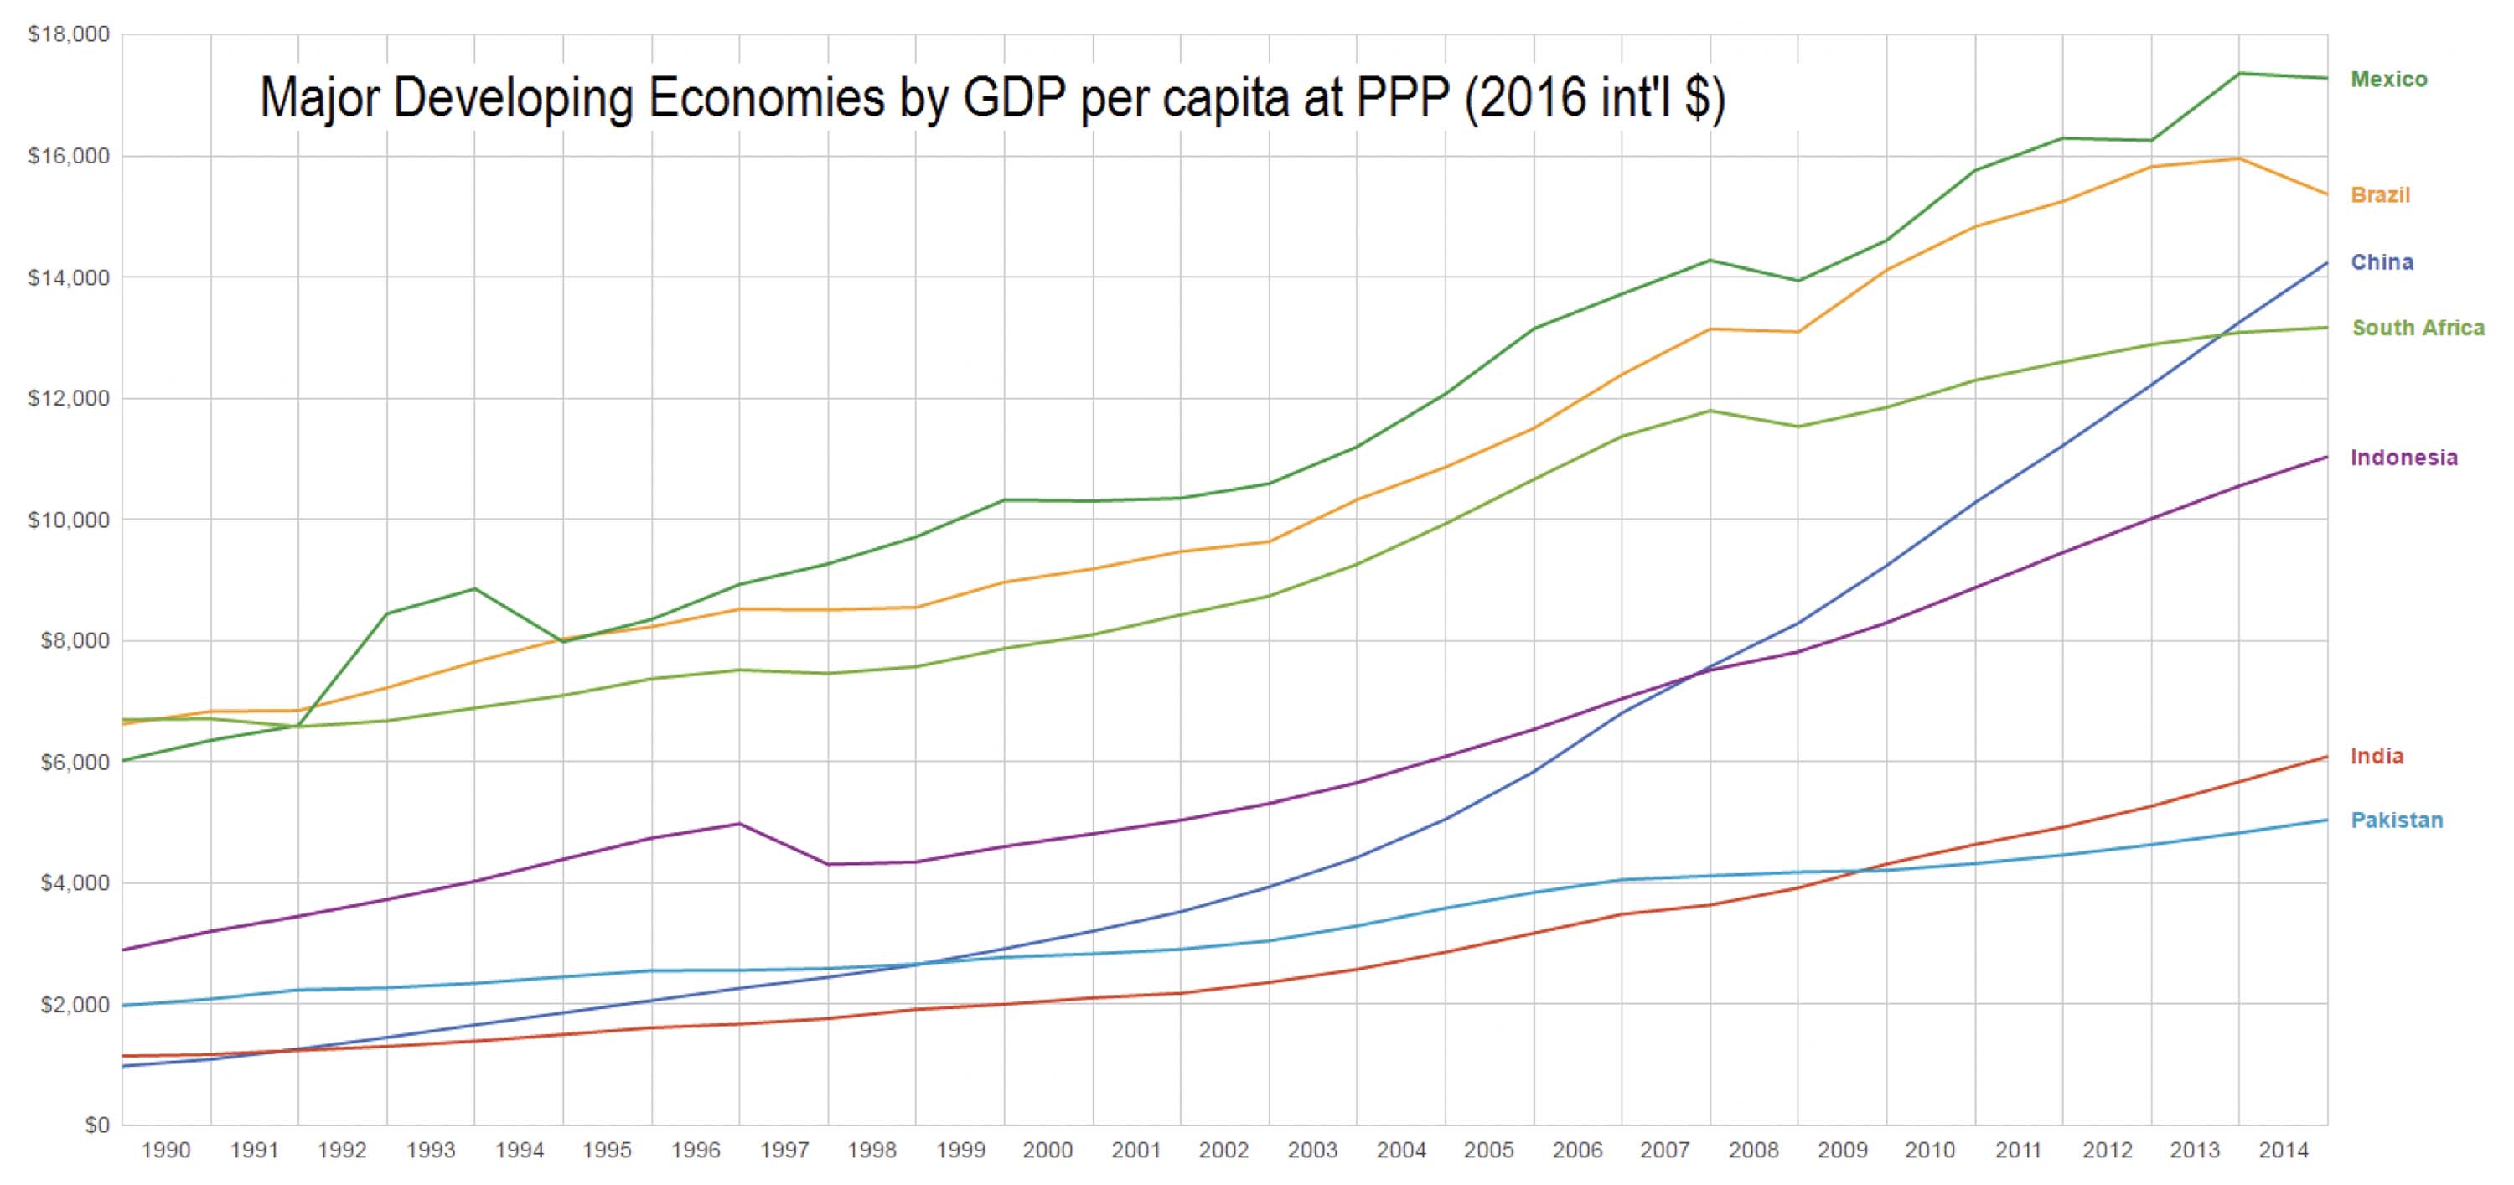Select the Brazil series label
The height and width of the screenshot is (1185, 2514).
coord(2380,195)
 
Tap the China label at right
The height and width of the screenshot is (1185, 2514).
coord(2382,262)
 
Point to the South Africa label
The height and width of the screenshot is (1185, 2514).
coord(2418,328)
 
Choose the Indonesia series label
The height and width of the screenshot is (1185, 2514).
coord(2403,458)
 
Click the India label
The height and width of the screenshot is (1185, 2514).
coord(2377,757)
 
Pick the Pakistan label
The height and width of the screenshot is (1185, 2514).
coord(2397,821)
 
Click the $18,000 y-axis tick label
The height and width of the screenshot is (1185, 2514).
coord(69,35)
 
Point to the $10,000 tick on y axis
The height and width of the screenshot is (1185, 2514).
coord(69,520)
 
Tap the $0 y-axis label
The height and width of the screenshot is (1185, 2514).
coord(96,1125)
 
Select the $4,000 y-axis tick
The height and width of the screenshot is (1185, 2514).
coord(73,883)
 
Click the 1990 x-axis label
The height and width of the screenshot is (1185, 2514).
coord(166,1151)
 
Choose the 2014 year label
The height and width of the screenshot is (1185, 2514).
coord(2283,1151)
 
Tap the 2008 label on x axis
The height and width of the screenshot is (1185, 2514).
coord(1754,1151)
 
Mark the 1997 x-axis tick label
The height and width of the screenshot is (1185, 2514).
coord(784,1151)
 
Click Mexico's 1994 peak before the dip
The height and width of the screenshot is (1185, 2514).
coord(474,588)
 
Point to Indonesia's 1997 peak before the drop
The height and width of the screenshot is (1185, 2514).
coord(740,824)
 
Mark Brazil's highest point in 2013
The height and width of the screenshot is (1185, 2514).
coord(2239,159)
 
